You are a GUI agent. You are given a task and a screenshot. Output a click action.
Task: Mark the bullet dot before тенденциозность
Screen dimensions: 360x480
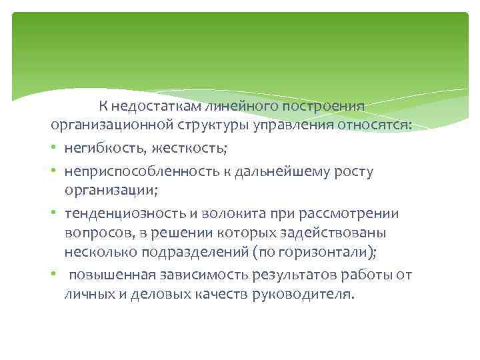pyautogui.click(x=57, y=213)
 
